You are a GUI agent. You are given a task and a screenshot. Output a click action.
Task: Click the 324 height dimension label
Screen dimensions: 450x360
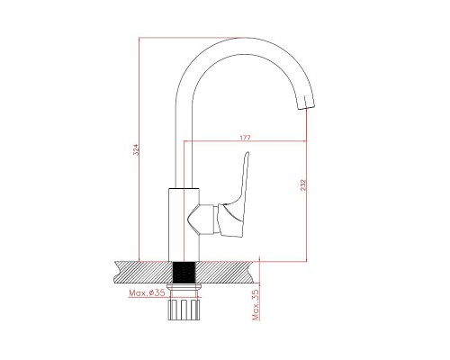coord(137,149)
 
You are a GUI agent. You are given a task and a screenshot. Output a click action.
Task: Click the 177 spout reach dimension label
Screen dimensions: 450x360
coord(245,138)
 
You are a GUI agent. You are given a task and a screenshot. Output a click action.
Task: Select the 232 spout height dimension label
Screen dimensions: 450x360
coord(303,184)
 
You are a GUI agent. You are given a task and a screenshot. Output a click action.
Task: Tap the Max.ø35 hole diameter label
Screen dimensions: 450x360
coord(147,292)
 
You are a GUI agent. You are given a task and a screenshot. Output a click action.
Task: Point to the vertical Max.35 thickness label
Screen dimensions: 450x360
coord(256,305)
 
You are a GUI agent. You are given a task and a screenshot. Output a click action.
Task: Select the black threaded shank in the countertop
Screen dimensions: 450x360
coord(184,272)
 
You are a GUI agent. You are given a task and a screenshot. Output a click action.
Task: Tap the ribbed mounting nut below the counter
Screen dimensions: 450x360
coord(184,309)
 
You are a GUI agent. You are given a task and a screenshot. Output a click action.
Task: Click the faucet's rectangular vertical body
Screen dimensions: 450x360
coord(184,225)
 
